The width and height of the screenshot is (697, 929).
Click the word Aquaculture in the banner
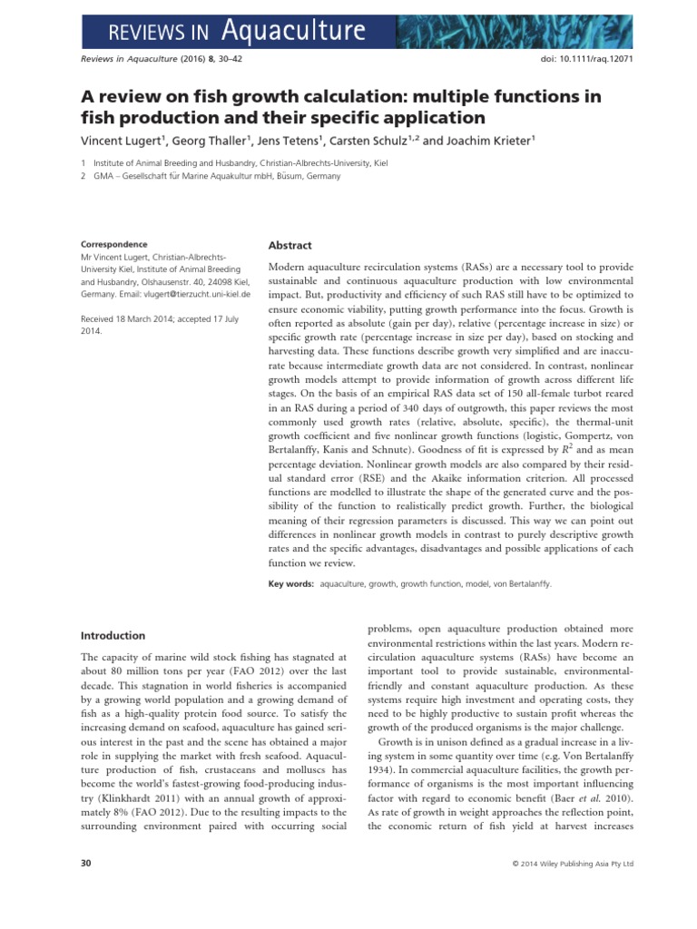point(294,32)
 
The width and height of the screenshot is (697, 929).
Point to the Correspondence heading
point(114,244)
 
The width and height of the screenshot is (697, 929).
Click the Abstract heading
point(290,246)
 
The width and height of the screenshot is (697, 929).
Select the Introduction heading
point(113,635)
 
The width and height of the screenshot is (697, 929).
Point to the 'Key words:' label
point(291,585)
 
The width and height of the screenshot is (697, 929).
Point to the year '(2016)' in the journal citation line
point(181,70)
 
